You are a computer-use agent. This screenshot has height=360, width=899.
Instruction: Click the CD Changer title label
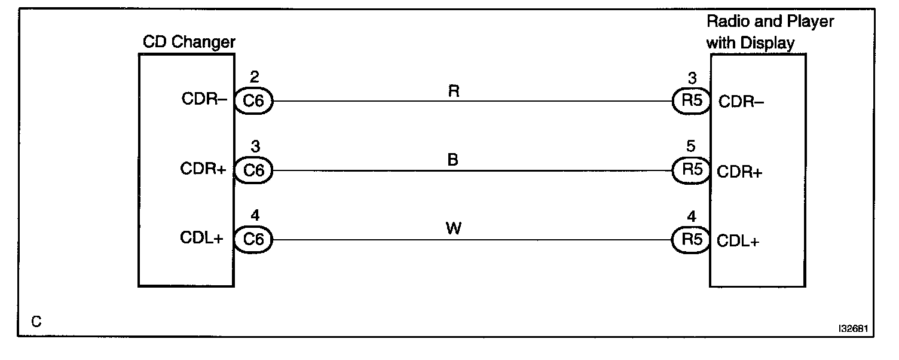[189, 42]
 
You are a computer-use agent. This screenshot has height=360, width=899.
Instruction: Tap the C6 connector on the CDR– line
[254, 101]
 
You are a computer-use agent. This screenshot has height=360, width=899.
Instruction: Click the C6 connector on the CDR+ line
[254, 170]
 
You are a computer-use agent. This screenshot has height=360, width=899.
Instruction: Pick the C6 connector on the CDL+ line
[254, 239]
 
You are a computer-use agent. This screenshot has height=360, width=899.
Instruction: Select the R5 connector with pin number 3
[692, 101]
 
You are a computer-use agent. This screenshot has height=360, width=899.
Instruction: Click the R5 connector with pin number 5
[692, 170]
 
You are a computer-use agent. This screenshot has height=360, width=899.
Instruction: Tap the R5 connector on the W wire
[692, 239]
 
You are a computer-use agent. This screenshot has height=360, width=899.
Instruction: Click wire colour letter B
[453, 161]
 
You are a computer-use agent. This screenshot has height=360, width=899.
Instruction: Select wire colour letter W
[453, 230]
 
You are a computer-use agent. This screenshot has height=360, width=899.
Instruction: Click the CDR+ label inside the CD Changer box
[203, 169]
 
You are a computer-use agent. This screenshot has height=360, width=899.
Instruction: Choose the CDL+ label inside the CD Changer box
[202, 238]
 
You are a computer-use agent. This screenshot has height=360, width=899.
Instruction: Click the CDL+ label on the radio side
[739, 241]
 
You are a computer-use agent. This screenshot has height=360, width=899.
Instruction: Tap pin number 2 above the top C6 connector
[254, 77]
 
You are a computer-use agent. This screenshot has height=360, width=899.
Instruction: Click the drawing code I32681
[854, 328]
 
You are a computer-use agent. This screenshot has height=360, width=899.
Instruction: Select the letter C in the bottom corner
[36, 322]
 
